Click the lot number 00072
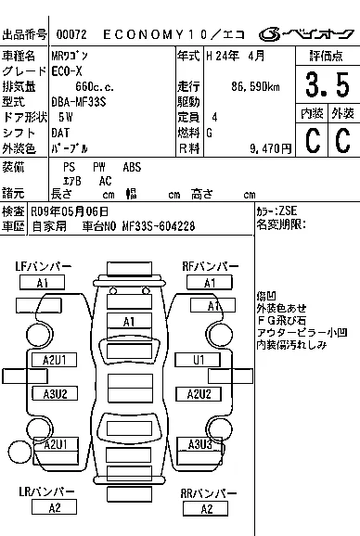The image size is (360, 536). (x=71, y=34)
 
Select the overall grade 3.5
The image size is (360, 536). (x=328, y=84)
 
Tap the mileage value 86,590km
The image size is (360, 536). (x=255, y=87)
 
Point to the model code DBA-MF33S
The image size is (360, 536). (x=79, y=102)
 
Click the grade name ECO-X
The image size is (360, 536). (x=67, y=71)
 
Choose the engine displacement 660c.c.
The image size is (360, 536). (x=95, y=87)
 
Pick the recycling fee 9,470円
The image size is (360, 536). (x=270, y=148)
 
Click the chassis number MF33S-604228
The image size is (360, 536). (x=159, y=226)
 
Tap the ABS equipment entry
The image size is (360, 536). (x=132, y=167)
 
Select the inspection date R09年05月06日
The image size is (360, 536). (x=70, y=211)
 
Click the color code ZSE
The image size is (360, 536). (x=288, y=211)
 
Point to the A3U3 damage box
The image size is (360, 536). (x=200, y=445)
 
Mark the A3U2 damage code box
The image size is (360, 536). (x=55, y=393)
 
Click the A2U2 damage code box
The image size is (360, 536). (x=199, y=394)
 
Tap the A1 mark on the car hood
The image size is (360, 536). (x=129, y=322)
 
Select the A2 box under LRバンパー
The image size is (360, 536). (x=54, y=507)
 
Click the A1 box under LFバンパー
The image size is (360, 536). (x=42, y=283)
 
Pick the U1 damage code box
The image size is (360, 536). (x=198, y=360)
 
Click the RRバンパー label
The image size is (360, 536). (x=209, y=493)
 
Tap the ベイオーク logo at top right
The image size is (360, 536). (x=306, y=34)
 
